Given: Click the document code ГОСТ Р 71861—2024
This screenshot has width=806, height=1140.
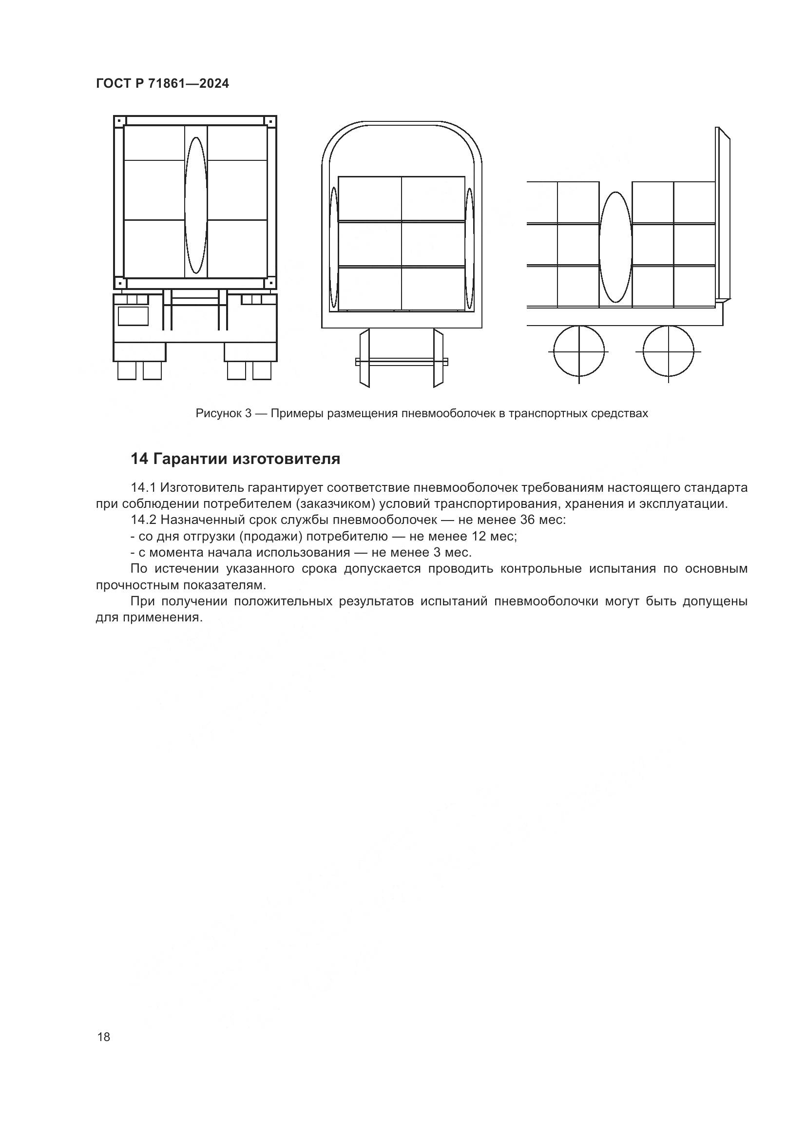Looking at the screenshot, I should click(162, 83).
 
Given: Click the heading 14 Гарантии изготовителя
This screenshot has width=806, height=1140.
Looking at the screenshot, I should click(235, 459).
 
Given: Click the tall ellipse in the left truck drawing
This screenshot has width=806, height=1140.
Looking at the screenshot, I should click(195, 206).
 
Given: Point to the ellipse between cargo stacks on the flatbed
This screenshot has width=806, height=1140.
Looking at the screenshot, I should click(615, 247).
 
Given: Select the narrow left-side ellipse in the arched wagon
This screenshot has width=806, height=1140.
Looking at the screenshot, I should click(333, 248).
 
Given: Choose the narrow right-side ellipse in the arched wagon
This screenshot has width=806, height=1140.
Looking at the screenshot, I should click(469, 248).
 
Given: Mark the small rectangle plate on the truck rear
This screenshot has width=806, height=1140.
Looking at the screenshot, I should click(133, 316).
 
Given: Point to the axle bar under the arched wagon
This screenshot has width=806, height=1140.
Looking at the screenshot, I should click(402, 362).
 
